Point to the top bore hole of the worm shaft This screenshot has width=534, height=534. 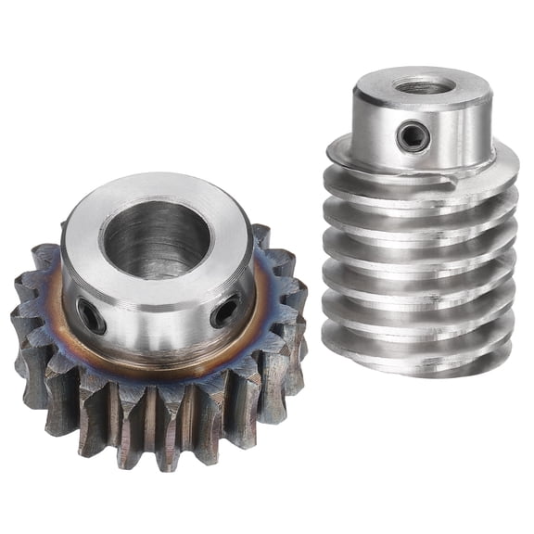coord(424,86)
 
